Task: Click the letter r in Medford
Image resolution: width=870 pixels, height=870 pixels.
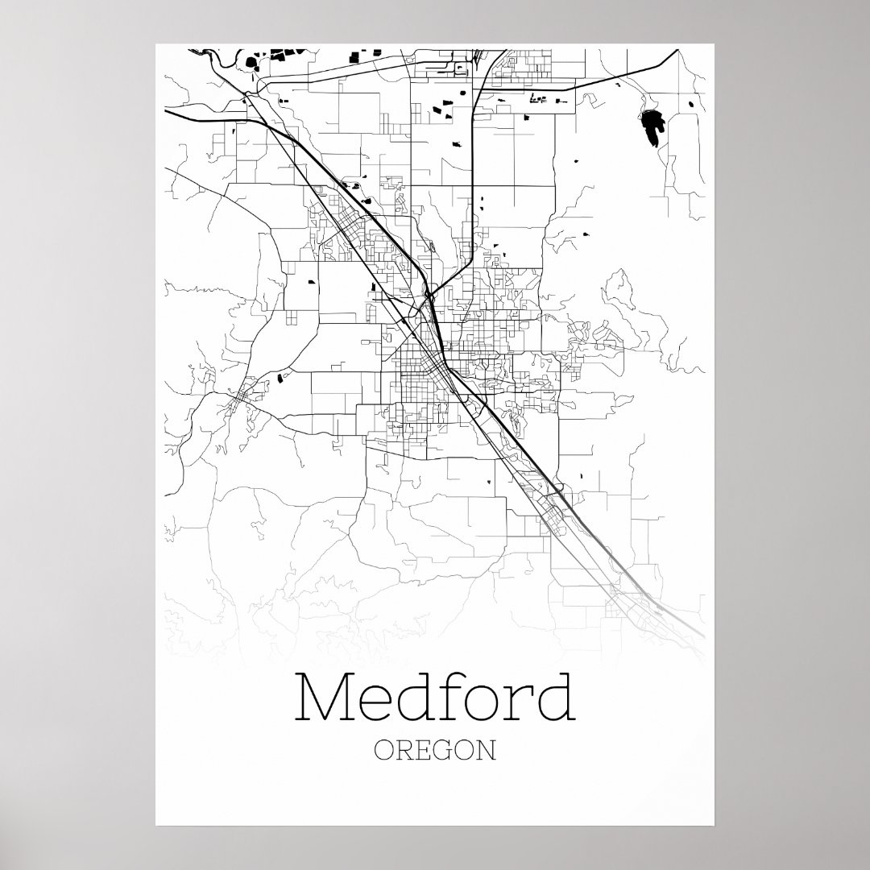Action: coord(518,702)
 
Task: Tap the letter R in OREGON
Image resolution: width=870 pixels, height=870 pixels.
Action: coord(404,751)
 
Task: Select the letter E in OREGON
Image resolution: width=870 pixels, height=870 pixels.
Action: coord(424,751)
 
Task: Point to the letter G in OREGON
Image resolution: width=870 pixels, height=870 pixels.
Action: coord(443,751)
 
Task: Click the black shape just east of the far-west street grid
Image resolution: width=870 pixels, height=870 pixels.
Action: coord(280,376)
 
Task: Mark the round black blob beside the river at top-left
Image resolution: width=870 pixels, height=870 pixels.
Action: coord(251,61)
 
